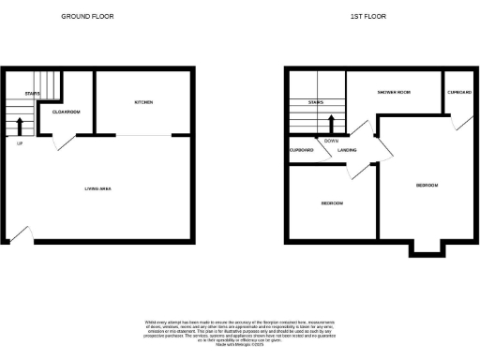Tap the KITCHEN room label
(x=143, y=102)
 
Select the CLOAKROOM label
(x=65, y=112)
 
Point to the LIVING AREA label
(x=98, y=189)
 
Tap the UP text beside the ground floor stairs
(x=20, y=143)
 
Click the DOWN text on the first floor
(x=331, y=141)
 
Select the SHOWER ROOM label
(x=395, y=92)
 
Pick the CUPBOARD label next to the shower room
(x=458, y=92)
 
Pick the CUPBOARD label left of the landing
(x=302, y=149)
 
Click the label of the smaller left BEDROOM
(x=332, y=203)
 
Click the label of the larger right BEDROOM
(x=427, y=185)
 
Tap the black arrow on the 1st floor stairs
(x=332, y=124)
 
